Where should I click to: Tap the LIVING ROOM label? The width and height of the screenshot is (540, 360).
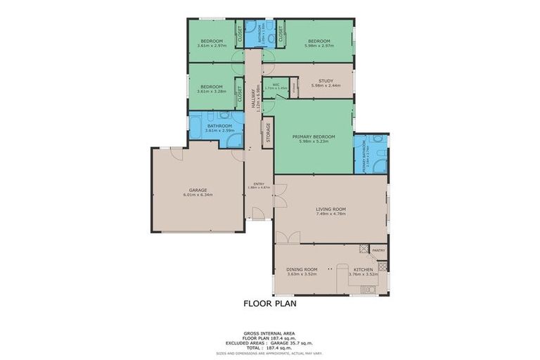330,208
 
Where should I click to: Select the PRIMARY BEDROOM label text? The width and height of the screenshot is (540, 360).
314,136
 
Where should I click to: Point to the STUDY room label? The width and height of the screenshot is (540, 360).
326,81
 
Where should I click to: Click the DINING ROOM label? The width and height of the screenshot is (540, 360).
302,269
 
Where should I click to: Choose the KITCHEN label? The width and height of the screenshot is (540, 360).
363,269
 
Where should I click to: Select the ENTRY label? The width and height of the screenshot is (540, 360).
258,184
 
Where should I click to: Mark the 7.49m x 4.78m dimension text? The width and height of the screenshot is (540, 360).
330,213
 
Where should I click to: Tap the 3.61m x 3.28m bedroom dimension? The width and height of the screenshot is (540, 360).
212,91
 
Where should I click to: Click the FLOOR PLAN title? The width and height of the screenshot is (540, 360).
270,304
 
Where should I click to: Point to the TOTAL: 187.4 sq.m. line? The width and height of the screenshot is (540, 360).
270,347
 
